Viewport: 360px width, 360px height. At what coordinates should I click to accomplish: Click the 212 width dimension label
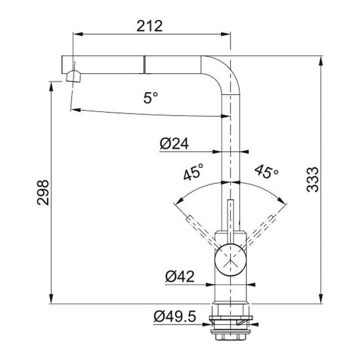(x=150, y=26)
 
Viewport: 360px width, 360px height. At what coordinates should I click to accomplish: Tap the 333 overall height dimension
(x=313, y=180)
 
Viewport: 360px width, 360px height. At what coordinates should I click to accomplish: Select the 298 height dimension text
(x=43, y=192)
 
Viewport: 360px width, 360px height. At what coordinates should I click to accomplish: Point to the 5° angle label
(x=151, y=97)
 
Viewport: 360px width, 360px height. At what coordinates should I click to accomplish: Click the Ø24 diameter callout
(x=174, y=144)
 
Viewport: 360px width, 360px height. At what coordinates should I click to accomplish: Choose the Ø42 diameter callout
(x=180, y=276)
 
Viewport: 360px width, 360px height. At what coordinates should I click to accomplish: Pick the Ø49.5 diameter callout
(x=175, y=316)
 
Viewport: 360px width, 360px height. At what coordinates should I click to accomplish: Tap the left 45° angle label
(x=193, y=172)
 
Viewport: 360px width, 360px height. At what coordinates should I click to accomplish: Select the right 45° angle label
(x=266, y=171)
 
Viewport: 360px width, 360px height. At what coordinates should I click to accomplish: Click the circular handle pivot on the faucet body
(x=230, y=259)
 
